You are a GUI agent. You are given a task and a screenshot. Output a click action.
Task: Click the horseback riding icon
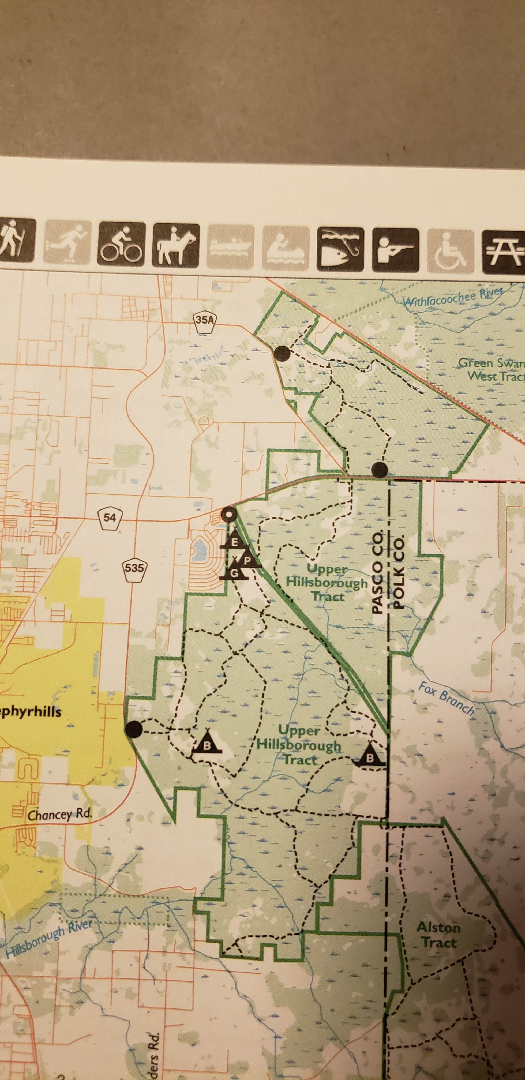coord(176,245)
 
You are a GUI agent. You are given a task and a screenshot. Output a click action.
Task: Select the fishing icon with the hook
coord(340,248)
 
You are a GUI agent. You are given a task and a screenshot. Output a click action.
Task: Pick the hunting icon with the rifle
coord(395,249)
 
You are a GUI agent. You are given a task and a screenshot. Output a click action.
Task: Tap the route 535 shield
coord(134,569)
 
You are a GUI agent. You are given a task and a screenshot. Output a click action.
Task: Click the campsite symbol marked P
coord(248,561)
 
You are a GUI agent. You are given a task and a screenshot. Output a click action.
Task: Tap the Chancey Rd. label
coord(59,814)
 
